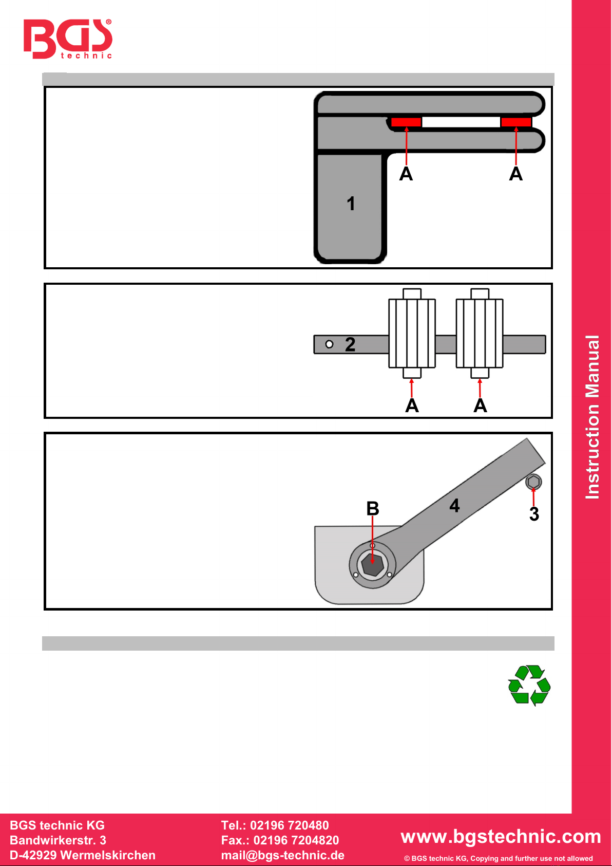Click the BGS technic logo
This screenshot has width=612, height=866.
tap(67, 39)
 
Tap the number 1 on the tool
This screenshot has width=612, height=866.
tap(351, 204)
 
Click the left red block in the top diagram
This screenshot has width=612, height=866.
tap(406, 122)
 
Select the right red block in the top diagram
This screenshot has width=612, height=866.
tap(515, 122)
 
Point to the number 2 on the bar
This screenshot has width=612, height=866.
tap(350, 344)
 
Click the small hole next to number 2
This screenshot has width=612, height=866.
tap(329, 344)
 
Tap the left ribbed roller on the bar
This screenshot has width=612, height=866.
tap(412, 333)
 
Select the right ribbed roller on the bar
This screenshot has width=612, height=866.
tap(480, 333)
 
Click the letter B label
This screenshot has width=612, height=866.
tap(373, 508)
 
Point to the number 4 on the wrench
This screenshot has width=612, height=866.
tap(454, 505)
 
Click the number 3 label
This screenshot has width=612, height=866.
tap(534, 514)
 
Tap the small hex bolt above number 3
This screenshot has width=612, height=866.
tap(533, 482)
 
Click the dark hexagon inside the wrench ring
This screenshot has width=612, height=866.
tap(372, 565)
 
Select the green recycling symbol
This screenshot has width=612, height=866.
tap(529, 685)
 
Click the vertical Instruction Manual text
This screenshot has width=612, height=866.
tap(592, 417)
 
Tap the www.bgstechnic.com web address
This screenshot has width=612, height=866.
tap(501, 836)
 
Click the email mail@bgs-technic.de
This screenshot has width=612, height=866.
tap(282, 855)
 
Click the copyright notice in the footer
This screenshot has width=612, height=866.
tap(498, 858)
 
